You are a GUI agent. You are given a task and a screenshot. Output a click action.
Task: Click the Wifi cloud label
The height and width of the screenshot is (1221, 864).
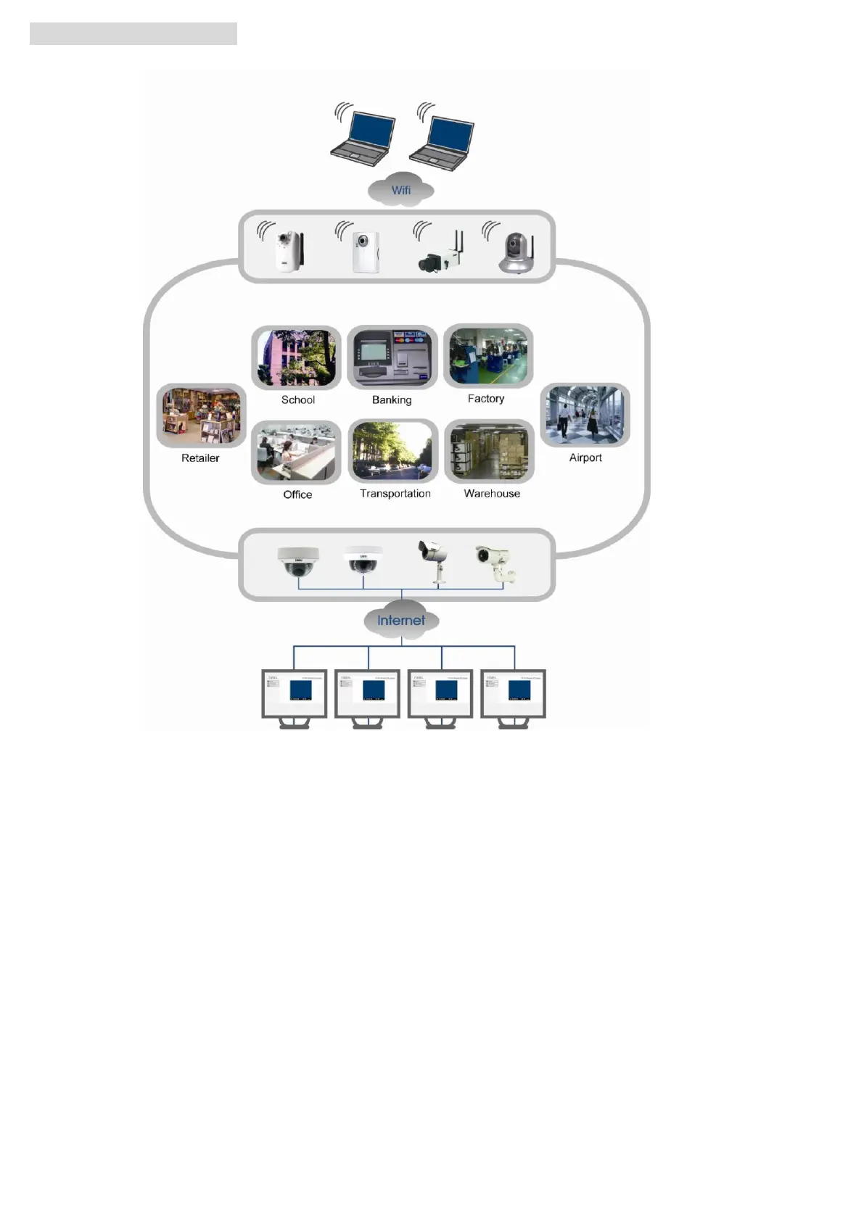pos(400,190)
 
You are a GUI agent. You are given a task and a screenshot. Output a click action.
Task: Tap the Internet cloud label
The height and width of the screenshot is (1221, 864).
pos(400,621)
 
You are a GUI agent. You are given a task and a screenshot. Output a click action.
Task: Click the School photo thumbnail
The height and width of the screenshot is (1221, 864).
pos(296,357)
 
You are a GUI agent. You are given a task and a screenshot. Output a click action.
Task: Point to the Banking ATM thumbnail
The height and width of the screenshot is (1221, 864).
pos(392,357)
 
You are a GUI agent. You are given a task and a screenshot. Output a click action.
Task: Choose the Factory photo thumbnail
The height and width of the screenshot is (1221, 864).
pos(488,356)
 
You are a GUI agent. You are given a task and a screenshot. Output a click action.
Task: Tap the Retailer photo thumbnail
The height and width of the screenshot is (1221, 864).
pos(201,415)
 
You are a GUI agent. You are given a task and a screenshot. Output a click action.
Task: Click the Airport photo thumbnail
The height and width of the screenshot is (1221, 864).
pos(585,415)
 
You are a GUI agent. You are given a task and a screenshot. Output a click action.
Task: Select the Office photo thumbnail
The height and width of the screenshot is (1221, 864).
pos(296,452)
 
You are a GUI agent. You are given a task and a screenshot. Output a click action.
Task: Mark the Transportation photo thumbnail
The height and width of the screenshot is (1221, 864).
pos(393,451)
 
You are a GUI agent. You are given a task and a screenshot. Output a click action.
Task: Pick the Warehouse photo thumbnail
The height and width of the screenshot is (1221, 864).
pos(489,451)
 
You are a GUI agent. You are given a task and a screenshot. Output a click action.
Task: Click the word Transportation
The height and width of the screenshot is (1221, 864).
pos(395,494)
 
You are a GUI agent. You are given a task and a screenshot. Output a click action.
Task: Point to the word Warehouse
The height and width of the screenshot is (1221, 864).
pos(492,494)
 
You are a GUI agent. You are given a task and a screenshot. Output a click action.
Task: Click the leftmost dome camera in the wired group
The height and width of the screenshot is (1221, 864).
pos(298,562)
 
